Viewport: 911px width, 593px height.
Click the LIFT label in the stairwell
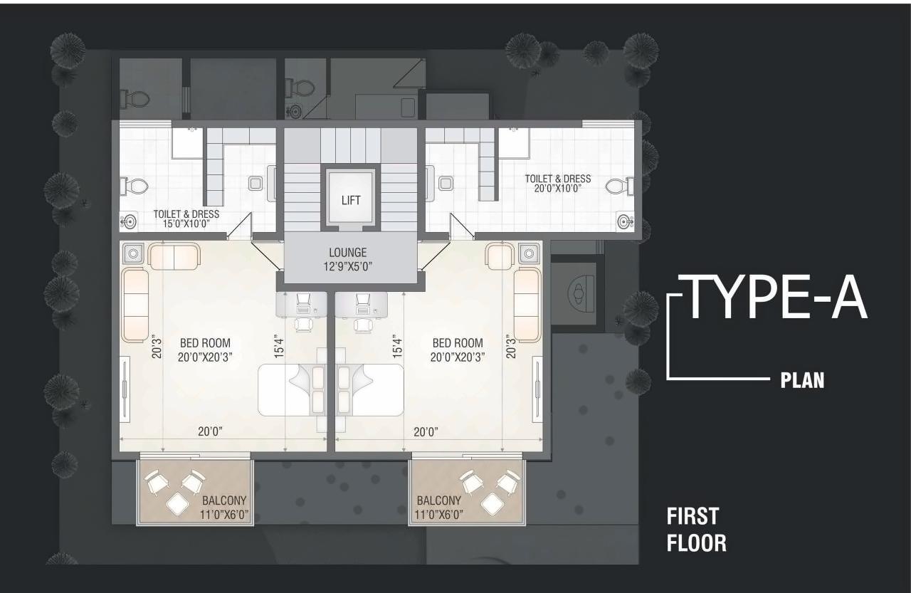pos(351,200)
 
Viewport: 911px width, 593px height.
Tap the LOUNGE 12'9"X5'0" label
pos(347,259)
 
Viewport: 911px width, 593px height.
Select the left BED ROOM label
pos(206,350)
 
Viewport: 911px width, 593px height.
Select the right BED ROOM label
pos(457,350)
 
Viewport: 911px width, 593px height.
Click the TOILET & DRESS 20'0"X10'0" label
pos(557,184)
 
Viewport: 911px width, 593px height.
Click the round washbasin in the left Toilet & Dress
pos(129,221)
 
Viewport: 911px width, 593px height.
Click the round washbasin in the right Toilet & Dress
pos(624,221)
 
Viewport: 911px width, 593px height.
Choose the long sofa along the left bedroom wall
pos(135,305)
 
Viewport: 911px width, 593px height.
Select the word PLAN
pos(803,381)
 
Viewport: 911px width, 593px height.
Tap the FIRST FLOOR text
pos(696,530)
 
